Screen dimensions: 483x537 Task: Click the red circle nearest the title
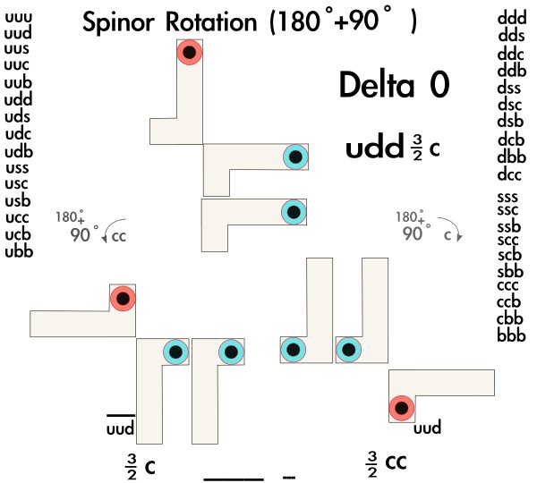[x=189, y=53]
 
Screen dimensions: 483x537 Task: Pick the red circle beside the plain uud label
[x=403, y=409]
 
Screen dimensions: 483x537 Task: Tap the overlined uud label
[x=120, y=428]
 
